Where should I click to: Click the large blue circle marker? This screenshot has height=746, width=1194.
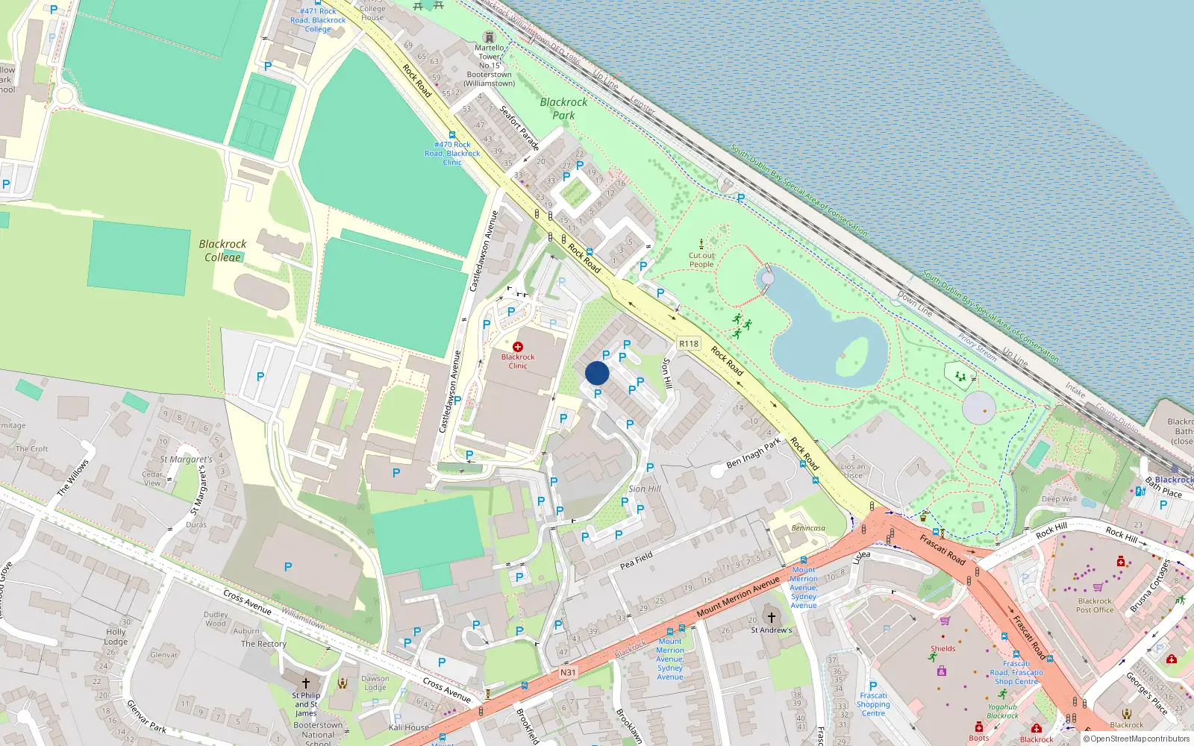coord(597,373)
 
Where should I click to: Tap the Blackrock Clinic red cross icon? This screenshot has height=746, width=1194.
coord(518,347)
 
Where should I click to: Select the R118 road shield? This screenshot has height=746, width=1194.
coord(689,344)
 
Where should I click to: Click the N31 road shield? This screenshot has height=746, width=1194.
coord(568,672)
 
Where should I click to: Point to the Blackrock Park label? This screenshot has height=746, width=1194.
coord(563,109)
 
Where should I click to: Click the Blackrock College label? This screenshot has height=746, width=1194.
coord(222,251)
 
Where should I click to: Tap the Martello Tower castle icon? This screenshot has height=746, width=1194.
coord(490,37)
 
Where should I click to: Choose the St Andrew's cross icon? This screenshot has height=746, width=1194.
coord(772,618)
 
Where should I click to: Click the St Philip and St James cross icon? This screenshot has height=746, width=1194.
coord(305,683)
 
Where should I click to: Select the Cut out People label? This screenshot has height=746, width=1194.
coord(701,260)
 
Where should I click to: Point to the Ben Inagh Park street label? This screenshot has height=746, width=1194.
coord(753,453)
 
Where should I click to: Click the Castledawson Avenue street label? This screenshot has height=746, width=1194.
coord(483,251)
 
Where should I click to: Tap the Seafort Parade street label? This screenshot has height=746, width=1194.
coord(519,128)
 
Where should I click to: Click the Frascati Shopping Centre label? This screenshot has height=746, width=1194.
coord(873,704)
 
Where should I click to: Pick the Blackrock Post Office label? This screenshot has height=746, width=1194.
coord(1095,605)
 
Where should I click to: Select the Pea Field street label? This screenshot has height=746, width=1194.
coord(637,560)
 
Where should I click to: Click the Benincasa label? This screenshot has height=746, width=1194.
coord(808,528)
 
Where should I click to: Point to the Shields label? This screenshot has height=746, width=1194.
coord(943,648)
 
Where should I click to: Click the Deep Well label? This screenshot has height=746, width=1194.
coord(1059,499)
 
